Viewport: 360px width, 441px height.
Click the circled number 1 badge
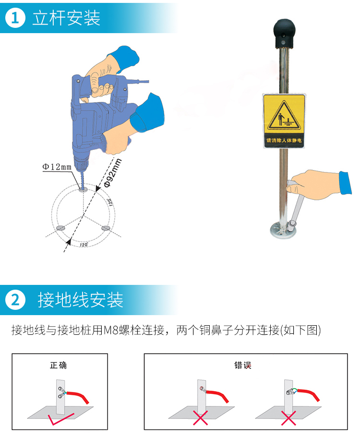15,18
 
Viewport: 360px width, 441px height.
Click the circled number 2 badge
15,300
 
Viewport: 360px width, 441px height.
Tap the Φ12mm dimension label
57,167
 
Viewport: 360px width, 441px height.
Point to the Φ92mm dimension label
113,172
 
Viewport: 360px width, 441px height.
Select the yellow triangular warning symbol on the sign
284,116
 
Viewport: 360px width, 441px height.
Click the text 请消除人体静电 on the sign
284,140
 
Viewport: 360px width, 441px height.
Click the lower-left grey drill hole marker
60,228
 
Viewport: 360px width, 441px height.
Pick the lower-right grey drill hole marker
106,228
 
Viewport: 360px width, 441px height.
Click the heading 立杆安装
66,18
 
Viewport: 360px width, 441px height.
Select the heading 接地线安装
80,300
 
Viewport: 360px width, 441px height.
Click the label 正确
59,365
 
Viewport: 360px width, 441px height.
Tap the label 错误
243,365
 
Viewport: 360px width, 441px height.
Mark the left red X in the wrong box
200,417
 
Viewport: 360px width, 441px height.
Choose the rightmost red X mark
288,418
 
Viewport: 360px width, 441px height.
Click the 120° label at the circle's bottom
84,245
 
